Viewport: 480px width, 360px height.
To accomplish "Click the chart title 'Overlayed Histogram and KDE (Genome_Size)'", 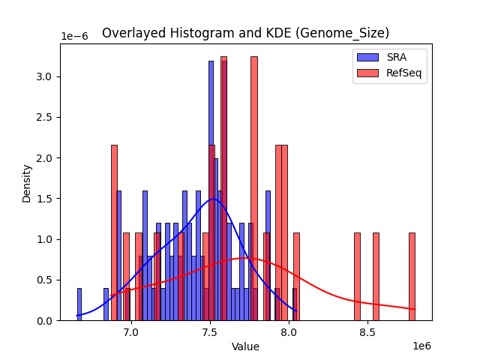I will (x=245, y=33).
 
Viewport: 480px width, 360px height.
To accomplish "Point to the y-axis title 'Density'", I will (x=27, y=183).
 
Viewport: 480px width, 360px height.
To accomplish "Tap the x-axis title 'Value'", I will (x=245, y=346).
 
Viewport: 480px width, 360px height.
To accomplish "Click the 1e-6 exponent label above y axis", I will (x=75, y=37).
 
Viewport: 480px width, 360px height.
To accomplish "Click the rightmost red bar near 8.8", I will (x=412, y=277).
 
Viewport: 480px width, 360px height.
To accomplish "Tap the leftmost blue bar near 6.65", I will (x=79, y=304).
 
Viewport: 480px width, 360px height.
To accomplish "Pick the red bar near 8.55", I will (x=376, y=277).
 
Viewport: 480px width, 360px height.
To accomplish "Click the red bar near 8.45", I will (x=357, y=277).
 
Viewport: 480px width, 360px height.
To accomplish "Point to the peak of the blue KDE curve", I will (x=214, y=199).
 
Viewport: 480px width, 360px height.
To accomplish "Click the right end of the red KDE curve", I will (x=415, y=309).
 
